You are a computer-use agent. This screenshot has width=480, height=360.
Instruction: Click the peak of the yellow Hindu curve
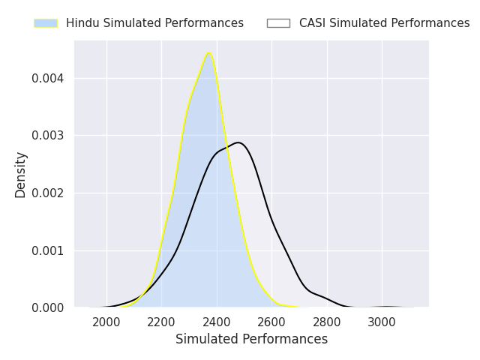[208, 53]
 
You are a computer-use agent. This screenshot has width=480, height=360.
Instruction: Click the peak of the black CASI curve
[238, 142]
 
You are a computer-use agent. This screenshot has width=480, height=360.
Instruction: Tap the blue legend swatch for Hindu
[46, 23]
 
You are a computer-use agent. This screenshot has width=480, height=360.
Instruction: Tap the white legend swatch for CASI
[278, 23]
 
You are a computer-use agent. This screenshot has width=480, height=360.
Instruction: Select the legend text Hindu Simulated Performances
[154, 23]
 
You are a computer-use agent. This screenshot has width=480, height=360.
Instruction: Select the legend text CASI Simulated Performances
[384, 23]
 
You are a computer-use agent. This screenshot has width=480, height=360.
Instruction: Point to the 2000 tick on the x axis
[106, 322]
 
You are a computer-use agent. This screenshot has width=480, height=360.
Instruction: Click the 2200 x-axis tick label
[162, 322]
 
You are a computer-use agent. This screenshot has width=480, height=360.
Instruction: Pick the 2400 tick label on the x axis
[217, 322]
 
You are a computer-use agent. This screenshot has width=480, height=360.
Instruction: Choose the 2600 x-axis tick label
[272, 322]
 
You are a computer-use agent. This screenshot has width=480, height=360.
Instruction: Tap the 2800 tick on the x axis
[327, 322]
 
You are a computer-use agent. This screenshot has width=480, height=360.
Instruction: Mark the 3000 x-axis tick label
[382, 322]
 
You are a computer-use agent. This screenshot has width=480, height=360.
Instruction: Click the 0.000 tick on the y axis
[49, 308]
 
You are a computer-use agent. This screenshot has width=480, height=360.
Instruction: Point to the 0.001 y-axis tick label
[49, 250]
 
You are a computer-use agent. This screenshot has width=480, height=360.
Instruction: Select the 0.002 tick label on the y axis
[49, 193]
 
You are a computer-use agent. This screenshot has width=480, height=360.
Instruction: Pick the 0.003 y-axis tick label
[49, 136]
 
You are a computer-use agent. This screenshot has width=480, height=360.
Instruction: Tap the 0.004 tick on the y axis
[49, 79]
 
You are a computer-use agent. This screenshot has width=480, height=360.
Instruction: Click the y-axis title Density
[21, 175]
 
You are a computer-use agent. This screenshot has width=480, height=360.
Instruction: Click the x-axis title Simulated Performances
[251, 340]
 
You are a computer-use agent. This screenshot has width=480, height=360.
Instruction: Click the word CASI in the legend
[312, 23]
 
